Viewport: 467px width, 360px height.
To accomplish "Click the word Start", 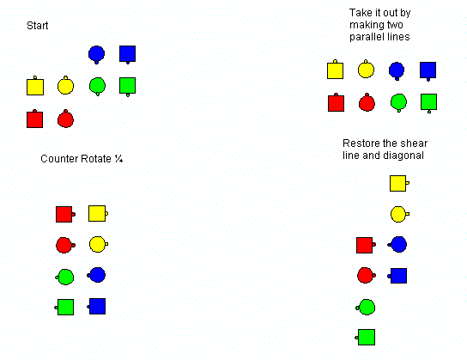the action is coord(38,26).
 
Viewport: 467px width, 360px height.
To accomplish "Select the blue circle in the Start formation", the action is coord(96,54).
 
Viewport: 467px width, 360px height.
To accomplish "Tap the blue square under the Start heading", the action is coord(127,54).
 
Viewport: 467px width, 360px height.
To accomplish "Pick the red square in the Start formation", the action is coord(35,119).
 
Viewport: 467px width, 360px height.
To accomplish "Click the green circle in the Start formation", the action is coord(97,86).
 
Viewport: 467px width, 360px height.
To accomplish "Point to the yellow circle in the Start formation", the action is coord(65,86).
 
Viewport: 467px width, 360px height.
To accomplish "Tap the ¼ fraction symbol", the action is coord(118,159).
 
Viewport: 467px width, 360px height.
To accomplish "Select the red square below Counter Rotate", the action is coord(65,214).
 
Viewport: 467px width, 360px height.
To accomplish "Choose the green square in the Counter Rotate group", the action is coord(64,308).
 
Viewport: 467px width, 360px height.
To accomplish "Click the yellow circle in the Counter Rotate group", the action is coord(99,244).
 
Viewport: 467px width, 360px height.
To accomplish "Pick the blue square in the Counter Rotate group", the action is coord(96,307).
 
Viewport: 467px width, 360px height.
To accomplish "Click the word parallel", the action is coord(363,37).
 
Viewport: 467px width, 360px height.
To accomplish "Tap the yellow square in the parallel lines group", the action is coord(335,70).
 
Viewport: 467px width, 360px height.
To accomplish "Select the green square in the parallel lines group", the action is coord(429,103).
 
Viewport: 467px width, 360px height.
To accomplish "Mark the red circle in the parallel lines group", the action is coord(367,102).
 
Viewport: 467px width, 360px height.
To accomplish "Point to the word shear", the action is coord(415,143).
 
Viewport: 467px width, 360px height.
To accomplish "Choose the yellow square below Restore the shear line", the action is coord(399,183).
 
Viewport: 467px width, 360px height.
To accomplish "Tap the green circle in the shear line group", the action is coord(366,308).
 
